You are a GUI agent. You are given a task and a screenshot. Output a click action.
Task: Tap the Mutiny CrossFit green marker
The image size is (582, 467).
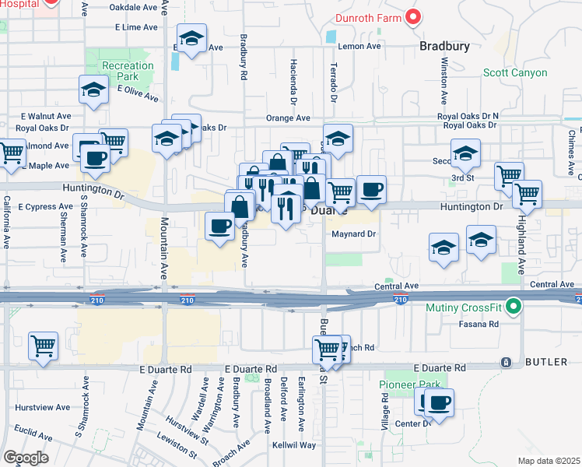[x=513, y=307]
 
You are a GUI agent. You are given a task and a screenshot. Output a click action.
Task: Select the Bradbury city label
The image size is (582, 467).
[x=444, y=46]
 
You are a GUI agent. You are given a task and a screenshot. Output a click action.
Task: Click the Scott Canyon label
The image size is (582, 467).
[x=515, y=73]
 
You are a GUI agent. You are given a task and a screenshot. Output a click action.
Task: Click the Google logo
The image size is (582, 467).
[x=26, y=457]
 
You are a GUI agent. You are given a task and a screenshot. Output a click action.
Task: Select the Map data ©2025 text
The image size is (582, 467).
[x=549, y=461]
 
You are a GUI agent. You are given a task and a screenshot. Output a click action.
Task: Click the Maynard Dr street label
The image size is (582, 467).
[x=354, y=233]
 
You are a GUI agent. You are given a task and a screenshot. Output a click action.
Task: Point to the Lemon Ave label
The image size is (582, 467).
[x=359, y=46]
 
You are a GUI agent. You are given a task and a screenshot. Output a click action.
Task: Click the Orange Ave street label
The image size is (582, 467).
[x=288, y=118]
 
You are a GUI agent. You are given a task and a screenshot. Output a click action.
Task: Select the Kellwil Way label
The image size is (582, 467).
[x=294, y=445]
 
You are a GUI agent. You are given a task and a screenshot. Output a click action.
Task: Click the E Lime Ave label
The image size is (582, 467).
[x=136, y=27]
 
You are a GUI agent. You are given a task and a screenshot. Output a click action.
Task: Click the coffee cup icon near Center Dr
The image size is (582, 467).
[x=439, y=403]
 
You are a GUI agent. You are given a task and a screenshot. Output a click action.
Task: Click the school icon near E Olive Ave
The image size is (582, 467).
[x=94, y=90]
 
